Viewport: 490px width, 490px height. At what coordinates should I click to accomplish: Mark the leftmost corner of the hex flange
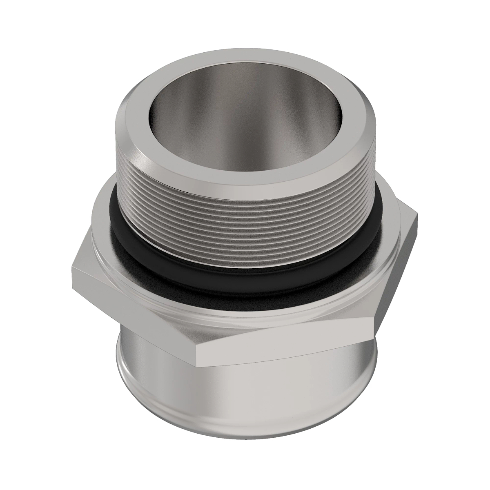coord(72,269)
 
